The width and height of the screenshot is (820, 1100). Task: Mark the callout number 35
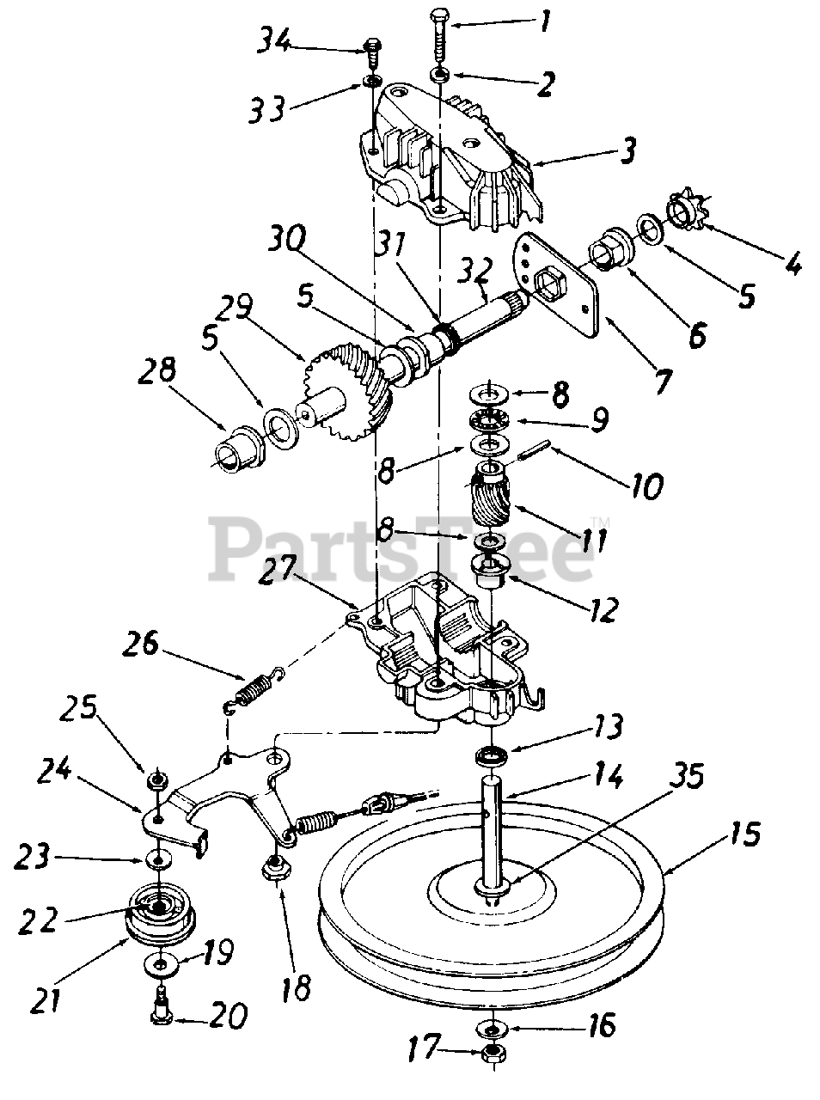click(x=679, y=777)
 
